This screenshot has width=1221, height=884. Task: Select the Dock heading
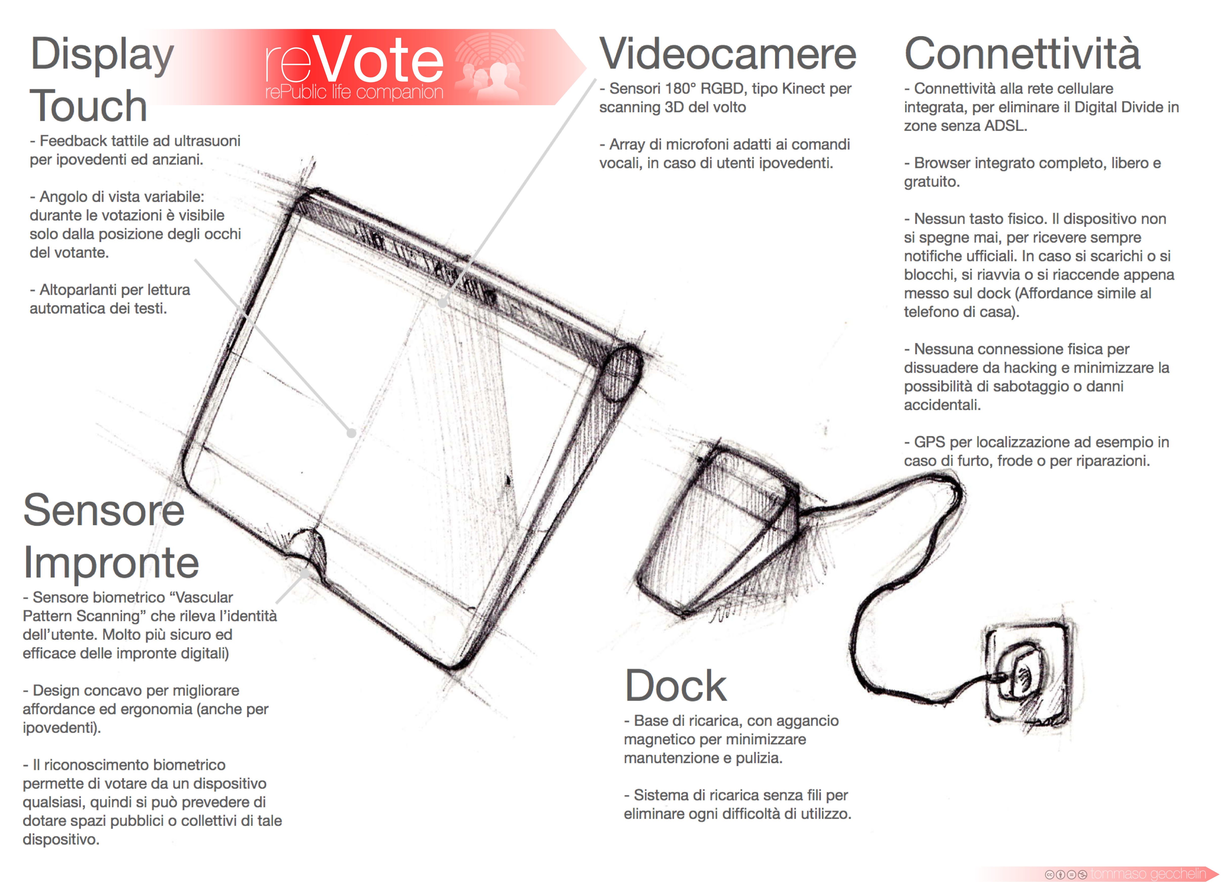(676, 685)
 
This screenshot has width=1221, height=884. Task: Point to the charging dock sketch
(719, 533)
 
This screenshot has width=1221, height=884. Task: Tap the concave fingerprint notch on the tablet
(307, 549)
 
